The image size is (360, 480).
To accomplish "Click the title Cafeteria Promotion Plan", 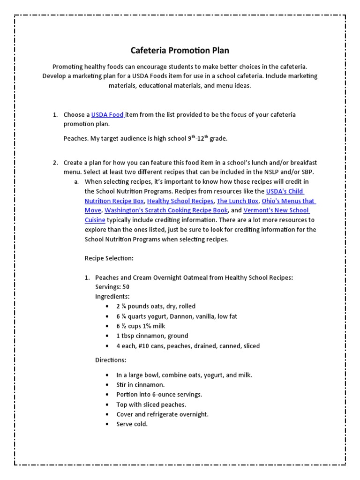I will point(180,50).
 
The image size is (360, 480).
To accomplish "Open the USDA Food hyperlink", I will point(107,115).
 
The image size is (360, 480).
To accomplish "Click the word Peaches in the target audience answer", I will point(75,139).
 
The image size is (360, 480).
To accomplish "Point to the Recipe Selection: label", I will point(109,258).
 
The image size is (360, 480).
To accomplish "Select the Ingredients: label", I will point(112,297).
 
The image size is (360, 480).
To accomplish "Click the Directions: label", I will point(111,360).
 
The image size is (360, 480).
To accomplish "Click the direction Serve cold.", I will point(132,424).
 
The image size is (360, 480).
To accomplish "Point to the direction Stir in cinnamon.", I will point(140,385).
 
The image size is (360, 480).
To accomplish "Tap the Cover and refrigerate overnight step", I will point(162,414).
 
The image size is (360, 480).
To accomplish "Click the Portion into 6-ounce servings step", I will point(159,395).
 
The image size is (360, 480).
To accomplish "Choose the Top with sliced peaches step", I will point(151,405).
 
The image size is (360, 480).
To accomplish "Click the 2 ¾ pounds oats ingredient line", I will point(156,307).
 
